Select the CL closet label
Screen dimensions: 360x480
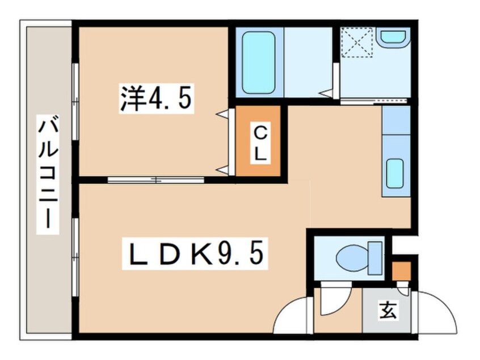(x=259, y=143)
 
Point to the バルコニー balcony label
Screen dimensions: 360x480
(x=46, y=173)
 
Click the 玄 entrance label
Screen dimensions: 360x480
(x=388, y=311)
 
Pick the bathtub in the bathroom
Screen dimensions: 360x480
(x=258, y=62)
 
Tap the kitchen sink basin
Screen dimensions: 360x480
(x=395, y=173)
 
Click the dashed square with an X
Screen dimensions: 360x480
(x=356, y=44)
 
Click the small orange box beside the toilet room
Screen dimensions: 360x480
(x=402, y=270)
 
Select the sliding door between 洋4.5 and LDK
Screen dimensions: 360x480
(x=156, y=180)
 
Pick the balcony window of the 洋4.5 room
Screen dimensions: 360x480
(x=75, y=99)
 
